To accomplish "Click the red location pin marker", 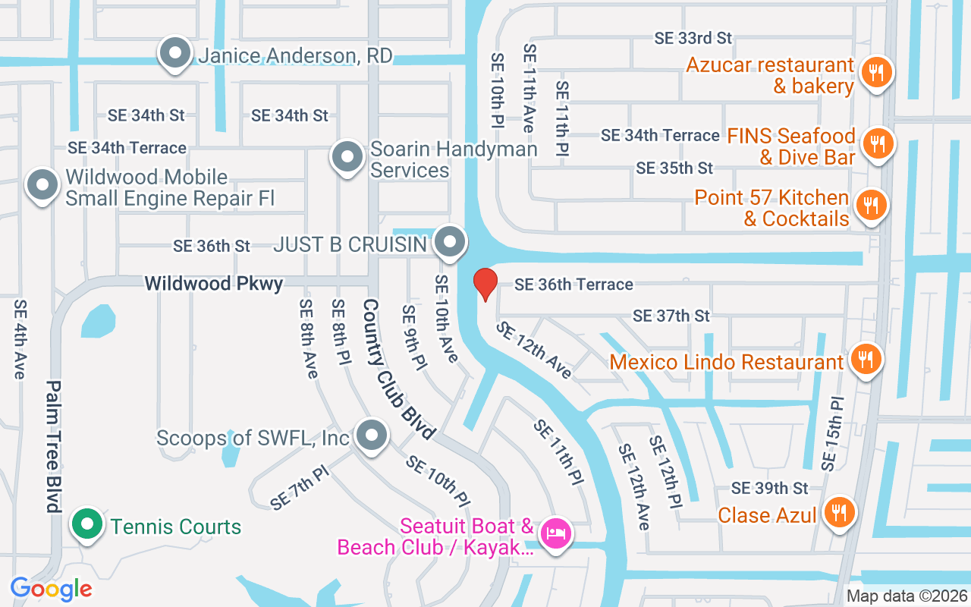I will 485,284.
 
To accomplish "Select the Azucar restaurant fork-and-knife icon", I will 876,73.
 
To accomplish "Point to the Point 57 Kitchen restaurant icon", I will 871,206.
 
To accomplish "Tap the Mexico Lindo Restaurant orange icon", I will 864,360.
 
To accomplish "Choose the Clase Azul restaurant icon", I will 838,513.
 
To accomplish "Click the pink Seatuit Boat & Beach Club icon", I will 555,533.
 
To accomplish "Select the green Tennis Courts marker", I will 87,524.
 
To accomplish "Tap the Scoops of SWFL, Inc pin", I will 371,436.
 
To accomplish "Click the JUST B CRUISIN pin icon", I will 451,243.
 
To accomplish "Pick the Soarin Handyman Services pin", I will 347,157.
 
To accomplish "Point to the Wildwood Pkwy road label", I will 214,284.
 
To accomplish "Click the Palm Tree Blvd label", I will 53,445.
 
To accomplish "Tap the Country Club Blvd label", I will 398,369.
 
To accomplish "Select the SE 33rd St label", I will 693,38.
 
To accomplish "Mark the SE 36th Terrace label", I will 573,284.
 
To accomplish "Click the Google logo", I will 51,589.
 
